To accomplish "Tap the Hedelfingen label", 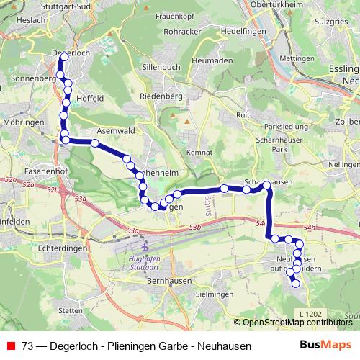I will [224, 32].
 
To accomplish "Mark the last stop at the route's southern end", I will [295, 284].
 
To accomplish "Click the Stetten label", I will [70, 310].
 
